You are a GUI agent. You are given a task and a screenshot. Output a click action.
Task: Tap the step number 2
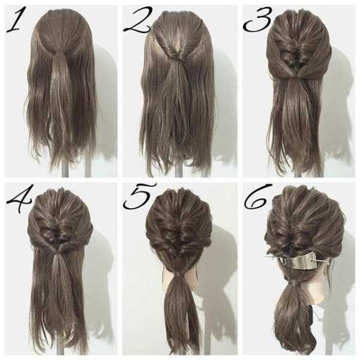pyautogui.click(x=138, y=20)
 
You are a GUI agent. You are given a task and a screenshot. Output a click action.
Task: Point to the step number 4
pyautogui.click(x=20, y=198)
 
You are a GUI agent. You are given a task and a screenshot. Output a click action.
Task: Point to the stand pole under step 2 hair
pyautogui.click(x=178, y=172)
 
